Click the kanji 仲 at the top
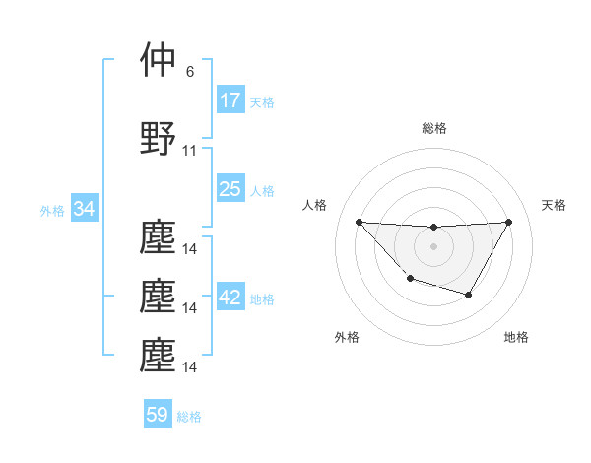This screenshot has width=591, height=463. (x=159, y=60)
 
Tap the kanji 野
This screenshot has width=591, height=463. (x=159, y=139)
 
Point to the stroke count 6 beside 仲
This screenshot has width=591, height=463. (x=190, y=72)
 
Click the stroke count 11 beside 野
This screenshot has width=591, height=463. (x=190, y=151)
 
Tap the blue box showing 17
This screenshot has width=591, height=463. (x=230, y=100)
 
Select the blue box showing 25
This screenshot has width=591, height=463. (x=230, y=189)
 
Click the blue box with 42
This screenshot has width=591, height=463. (x=230, y=298)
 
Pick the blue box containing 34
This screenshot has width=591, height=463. (x=85, y=209)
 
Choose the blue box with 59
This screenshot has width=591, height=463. (x=158, y=415)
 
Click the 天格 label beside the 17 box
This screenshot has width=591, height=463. (x=262, y=101)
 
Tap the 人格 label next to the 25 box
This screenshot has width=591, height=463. (x=262, y=190)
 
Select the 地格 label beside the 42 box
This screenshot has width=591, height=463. (x=262, y=299)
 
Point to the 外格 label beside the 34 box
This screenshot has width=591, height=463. (x=52, y=210)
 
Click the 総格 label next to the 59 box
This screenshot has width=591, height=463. (x=189, y=416)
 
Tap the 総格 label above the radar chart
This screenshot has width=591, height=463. (x=433, y=128)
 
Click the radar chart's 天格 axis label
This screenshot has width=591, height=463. (x=555, y=205)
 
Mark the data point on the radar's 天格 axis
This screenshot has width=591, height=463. (x=508, y=222)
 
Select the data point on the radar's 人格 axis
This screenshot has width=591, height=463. (x=359, y=222)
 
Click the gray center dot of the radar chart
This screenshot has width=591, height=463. (x=433, y=245)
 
